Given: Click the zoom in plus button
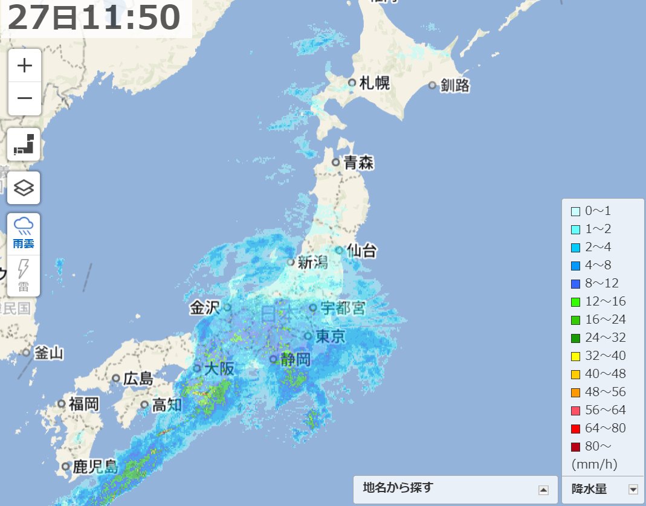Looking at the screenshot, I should [24, 65].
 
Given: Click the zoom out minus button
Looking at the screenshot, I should [24, 98].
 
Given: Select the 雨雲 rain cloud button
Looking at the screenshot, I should [24, 233].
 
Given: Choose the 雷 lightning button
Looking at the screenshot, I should [24, 275].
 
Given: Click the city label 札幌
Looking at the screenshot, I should [375, 83].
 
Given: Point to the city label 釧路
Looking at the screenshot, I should [455, 86].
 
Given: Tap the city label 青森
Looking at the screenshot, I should [359, 162].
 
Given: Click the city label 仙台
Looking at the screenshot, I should [362, 249].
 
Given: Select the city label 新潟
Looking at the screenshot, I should [312, 262].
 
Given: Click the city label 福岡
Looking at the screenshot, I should [83, 404].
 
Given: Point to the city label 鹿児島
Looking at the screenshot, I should [95, 467].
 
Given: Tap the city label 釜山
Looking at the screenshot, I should [48, 353].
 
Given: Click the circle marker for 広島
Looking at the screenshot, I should [116, 379].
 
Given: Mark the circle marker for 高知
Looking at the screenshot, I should [144, 405].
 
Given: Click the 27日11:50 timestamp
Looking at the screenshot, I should [94, 18].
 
